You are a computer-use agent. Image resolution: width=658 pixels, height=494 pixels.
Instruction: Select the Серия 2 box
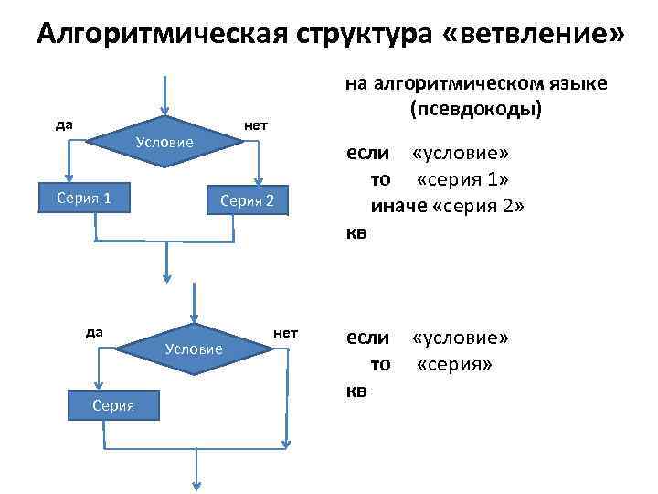(241, 201)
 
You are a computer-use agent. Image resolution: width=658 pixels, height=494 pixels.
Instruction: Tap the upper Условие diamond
(164, 143)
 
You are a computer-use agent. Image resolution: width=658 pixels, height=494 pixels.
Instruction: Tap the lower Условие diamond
(194, 349)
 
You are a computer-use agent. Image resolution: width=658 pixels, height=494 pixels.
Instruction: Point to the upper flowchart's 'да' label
(65, 124)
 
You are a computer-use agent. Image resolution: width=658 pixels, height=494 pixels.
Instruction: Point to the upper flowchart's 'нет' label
(255, 124)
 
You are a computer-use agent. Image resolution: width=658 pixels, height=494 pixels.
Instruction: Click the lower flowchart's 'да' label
(94, 331)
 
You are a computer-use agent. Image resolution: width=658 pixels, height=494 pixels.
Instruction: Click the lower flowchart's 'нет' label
(286, 331)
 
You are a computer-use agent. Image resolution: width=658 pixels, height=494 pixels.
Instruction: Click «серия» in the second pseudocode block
(454, 364)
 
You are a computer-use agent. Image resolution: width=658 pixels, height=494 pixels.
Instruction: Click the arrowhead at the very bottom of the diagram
(195, 486)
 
